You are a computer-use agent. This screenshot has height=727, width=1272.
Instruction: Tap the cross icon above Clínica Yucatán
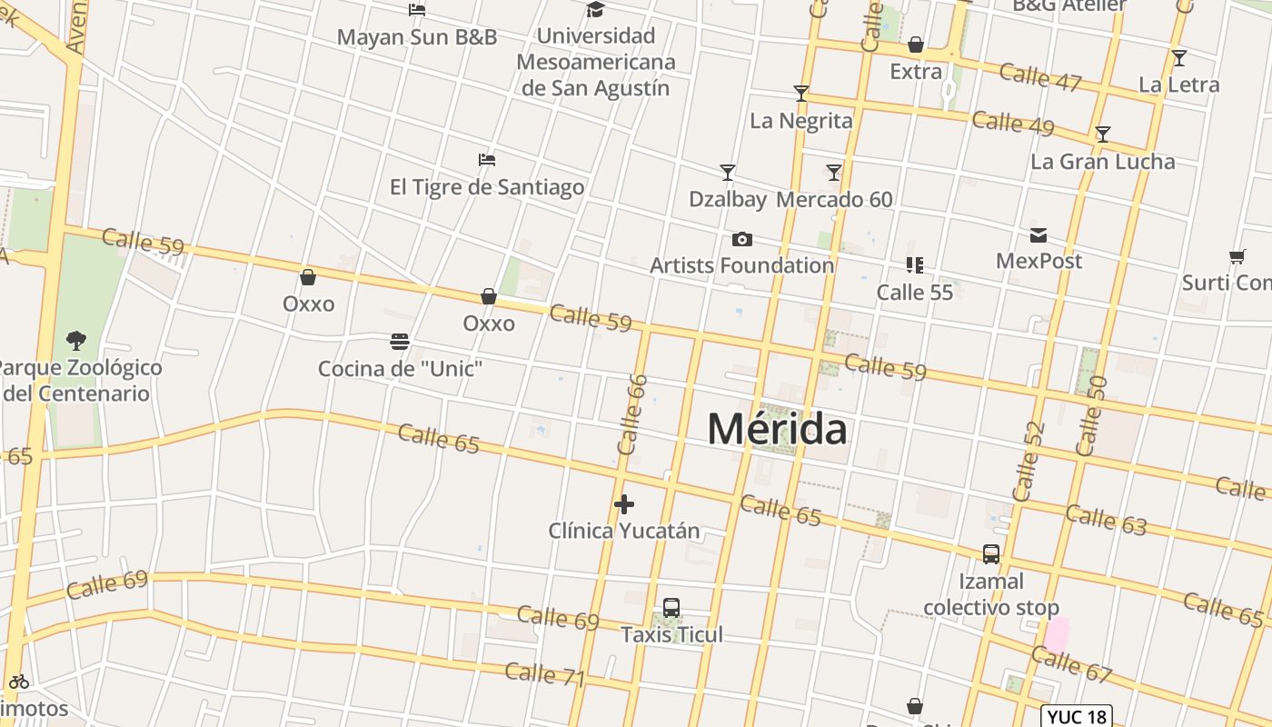click(624, 504)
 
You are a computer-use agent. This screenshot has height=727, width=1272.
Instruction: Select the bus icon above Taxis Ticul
click(671, 608)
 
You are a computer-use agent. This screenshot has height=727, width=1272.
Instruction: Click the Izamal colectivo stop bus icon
click(991, 553)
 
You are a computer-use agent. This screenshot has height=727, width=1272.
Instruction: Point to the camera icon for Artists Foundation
click(742, 240)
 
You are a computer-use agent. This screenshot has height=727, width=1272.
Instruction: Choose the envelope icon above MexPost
click(1038, 236)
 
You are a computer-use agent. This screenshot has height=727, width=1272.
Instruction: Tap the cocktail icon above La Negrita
click(800, 94)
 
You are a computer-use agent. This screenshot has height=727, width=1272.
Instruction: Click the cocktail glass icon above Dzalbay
click(727, 172)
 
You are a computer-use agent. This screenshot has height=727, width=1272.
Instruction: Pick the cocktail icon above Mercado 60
click(834, 172)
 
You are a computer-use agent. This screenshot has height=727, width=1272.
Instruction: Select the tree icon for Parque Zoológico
click(76, 341)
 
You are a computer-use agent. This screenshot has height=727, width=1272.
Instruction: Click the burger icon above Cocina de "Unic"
click(400, 342)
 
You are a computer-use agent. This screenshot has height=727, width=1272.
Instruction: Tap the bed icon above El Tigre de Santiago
click(487, 160)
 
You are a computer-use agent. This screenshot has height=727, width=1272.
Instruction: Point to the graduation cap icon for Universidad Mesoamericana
click(595, 10)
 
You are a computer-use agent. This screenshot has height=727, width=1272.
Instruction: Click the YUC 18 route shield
click(1077, 716)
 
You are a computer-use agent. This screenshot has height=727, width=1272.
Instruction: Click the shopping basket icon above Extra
click(916, 45)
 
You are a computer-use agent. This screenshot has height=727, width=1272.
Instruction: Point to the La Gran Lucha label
click(1103, 162)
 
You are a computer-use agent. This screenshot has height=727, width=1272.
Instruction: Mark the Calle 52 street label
click(1029, 462)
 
